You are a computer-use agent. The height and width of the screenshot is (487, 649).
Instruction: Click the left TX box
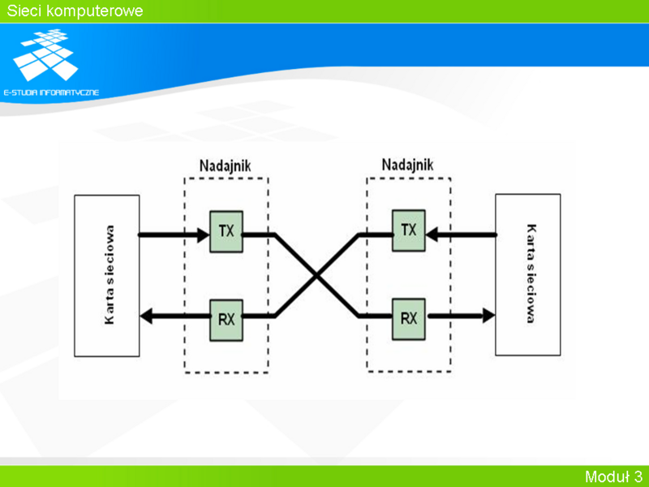point(226,231)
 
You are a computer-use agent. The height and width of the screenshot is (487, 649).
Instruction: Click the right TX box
point(409,231)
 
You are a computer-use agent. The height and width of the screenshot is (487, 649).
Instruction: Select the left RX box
point(226,320)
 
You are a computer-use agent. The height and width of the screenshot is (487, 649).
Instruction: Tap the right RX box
point(409,319)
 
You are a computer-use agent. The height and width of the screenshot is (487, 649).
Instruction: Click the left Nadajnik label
point(226,166)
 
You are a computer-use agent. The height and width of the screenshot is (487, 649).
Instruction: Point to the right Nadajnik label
point(408,165)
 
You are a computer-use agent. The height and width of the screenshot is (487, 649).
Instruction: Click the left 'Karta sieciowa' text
point(110,274)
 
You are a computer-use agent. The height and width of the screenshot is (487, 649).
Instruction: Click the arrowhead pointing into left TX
point(204,235)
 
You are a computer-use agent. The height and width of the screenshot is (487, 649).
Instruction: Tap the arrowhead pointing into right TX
point(432,235)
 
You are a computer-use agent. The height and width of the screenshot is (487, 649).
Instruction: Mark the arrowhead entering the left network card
point(146,317)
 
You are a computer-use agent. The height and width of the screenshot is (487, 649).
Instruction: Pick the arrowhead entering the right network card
point(489,316)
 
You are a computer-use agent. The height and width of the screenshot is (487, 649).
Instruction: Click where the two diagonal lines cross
point(316,275)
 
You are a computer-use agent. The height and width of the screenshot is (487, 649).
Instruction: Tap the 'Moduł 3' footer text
point(613,476)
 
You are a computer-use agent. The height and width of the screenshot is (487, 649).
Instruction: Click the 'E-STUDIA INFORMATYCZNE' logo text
point(51,93)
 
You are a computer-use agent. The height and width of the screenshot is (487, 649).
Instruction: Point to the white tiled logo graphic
point(45,54)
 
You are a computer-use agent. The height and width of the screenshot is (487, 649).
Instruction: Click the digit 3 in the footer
point(638,476)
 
